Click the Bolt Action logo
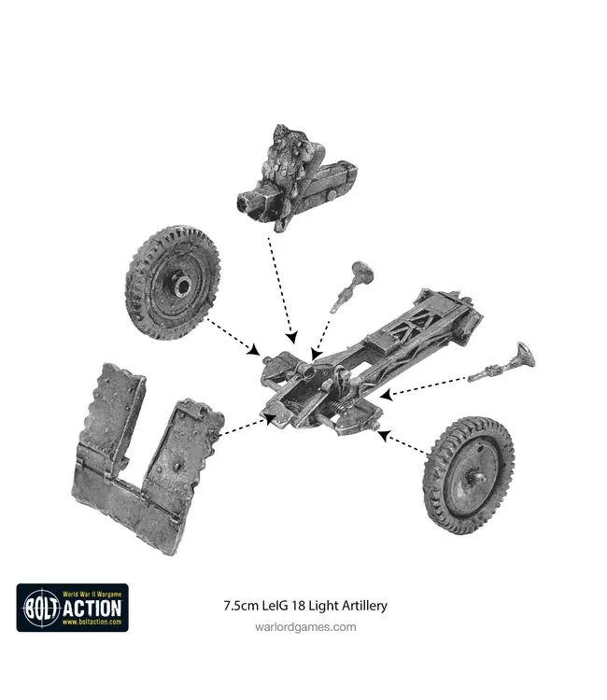72,608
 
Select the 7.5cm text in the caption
242,605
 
